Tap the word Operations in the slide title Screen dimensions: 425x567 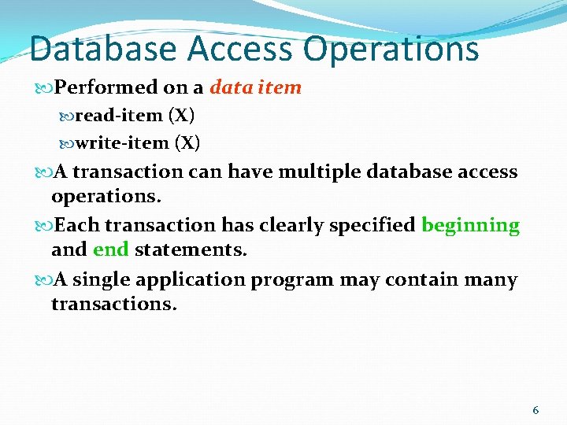coord(391,49)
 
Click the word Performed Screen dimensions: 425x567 coord(106,87)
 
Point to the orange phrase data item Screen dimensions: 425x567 coord(256,87)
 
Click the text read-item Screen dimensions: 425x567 coord(119,116)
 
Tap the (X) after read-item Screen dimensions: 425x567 coord(182,116)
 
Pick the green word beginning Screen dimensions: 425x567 coord(470,226)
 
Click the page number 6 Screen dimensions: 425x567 coord(535,410)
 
